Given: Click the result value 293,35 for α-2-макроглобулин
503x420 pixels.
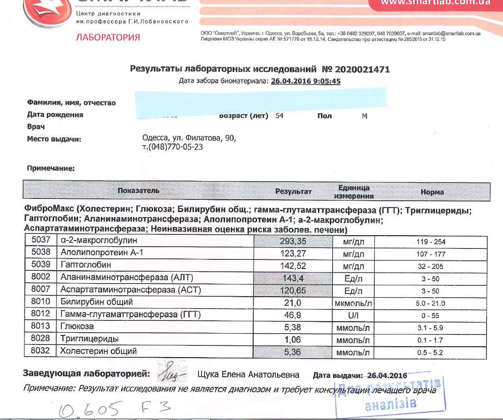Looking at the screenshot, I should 293,241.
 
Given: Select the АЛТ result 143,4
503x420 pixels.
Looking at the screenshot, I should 293,278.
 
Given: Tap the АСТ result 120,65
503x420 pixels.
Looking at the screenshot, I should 293,290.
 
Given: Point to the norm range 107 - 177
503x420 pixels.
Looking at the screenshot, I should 431,254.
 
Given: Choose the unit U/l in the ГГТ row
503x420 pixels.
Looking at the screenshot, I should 354,315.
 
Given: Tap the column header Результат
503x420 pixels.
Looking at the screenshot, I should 294,192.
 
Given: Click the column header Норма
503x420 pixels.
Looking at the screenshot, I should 432,192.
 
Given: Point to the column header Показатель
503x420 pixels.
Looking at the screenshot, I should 139,191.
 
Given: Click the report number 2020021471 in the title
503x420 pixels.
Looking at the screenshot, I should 362,70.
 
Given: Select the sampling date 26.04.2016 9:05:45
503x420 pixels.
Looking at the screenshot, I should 306,81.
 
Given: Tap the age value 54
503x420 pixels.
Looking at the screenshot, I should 279,116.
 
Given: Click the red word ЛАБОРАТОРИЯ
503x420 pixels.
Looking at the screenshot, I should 108,37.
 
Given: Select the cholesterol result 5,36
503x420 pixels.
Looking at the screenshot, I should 293,351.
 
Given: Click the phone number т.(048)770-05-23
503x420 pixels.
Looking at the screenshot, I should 173,147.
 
